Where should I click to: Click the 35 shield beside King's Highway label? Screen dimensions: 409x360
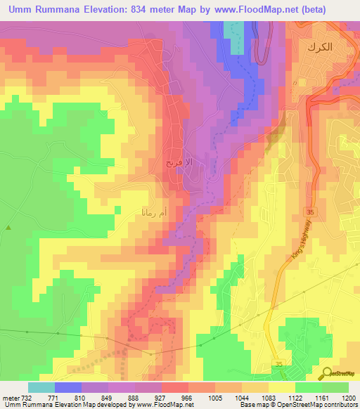309,212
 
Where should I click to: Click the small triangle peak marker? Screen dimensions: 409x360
8,227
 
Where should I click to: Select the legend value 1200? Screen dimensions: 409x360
348,397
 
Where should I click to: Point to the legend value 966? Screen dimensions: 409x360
188,397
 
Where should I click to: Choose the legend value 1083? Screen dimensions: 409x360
268,397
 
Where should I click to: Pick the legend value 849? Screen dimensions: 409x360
108,397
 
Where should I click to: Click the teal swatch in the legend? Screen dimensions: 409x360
41,387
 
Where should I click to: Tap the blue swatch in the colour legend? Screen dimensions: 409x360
67,387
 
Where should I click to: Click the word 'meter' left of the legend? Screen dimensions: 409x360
10,397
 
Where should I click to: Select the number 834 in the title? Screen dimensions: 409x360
160,10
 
